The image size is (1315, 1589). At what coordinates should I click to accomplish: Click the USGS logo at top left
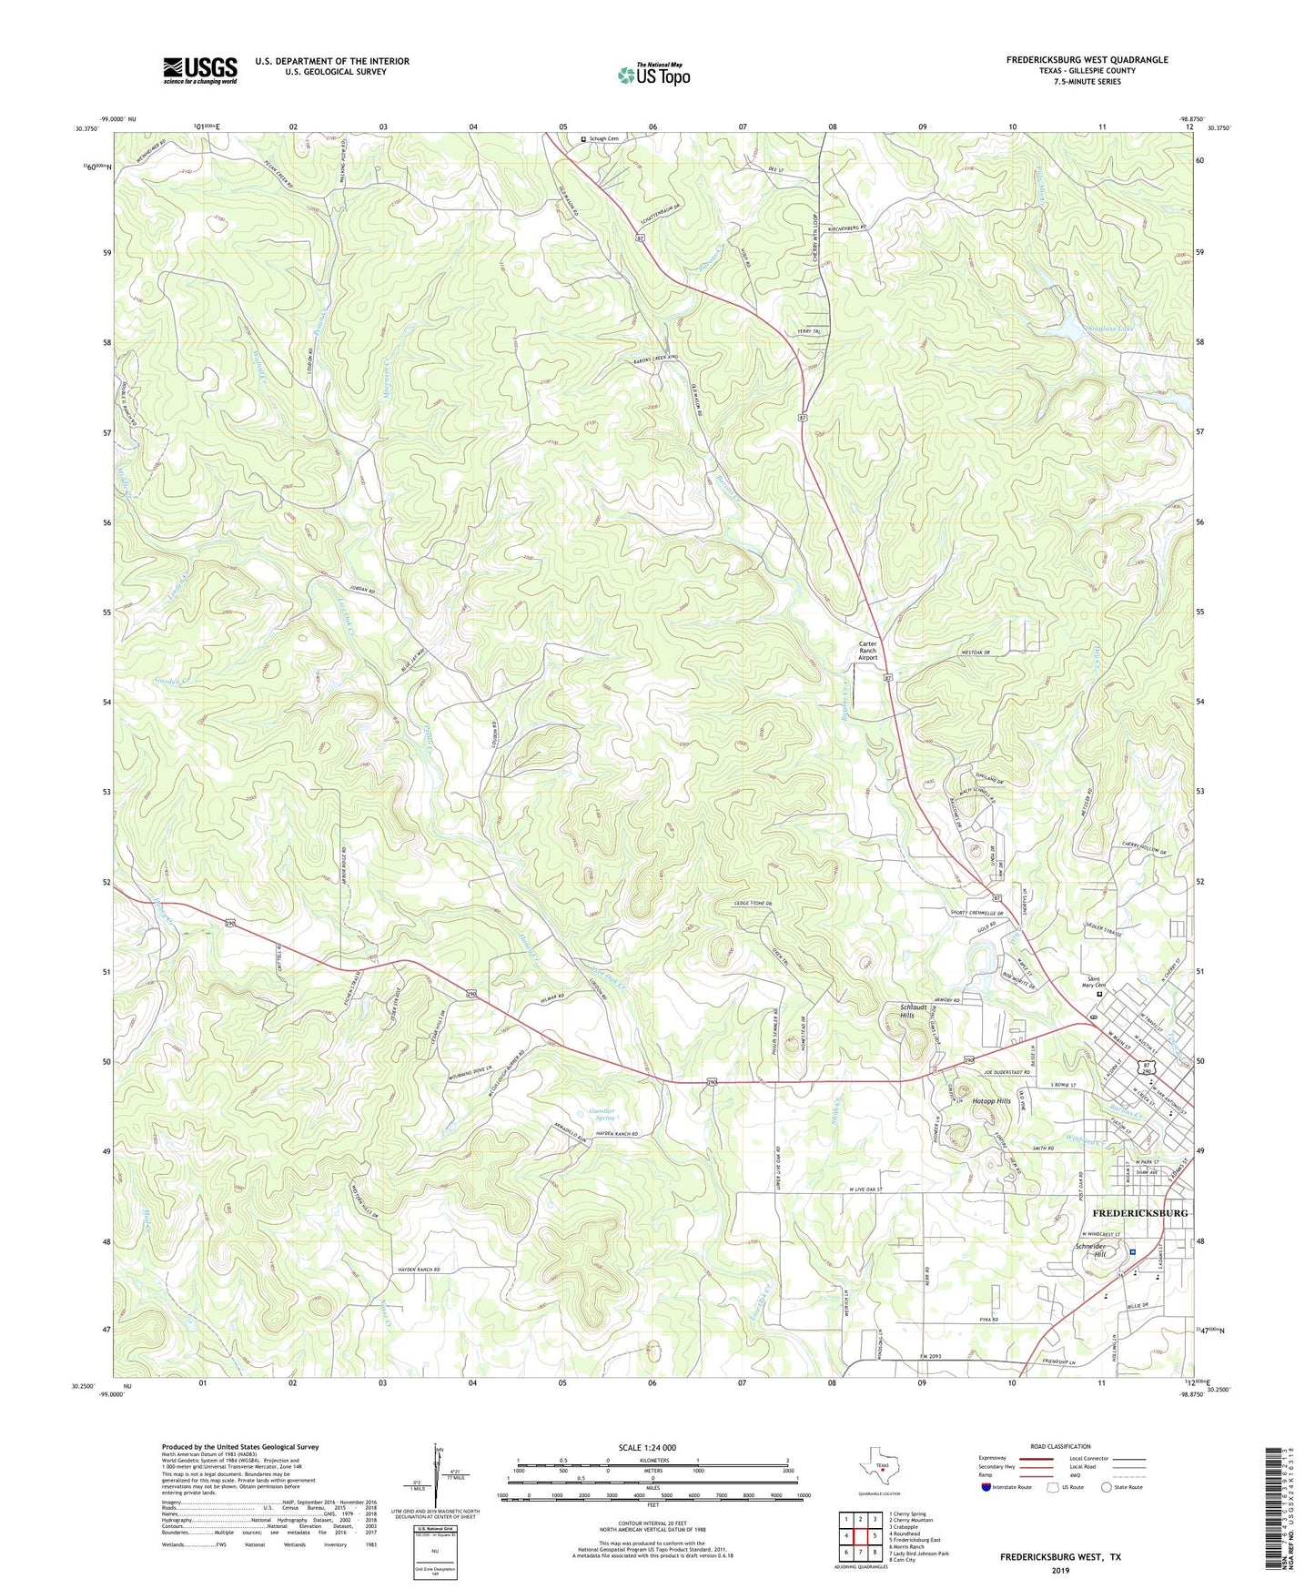click(199, 70)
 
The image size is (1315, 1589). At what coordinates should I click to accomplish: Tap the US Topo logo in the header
click(653, 75)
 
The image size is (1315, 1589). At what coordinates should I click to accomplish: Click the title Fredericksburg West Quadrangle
click(1087, 60)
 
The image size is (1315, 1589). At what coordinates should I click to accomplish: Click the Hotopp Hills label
click(991, 1102)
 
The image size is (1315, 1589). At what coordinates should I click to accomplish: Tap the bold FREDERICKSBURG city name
click(1139, 1213)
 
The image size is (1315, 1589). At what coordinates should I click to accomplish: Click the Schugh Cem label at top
click(603, 139)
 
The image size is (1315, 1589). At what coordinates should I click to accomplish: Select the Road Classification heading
click(1060, 1446)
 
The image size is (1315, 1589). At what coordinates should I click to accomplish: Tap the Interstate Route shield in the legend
click(986, 1487)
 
